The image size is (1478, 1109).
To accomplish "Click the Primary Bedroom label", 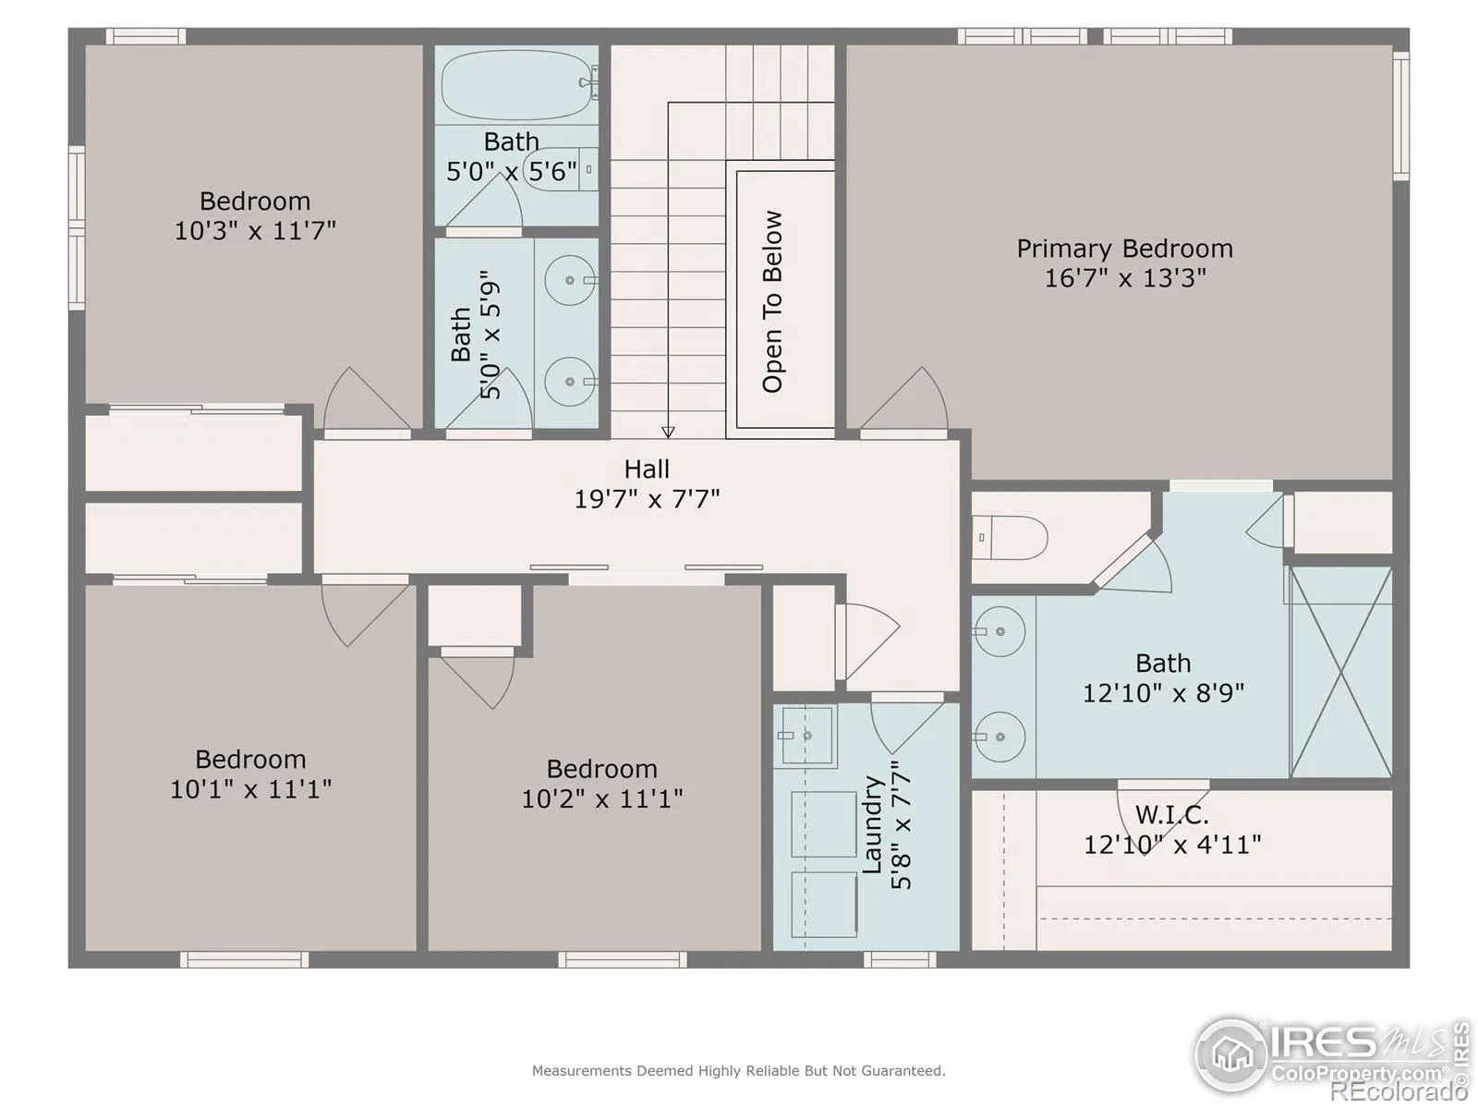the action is (x=1124, y=250).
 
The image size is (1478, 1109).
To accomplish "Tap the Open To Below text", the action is (x=772, y=301).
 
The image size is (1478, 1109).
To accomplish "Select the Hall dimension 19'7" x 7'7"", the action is (x=648, y=499).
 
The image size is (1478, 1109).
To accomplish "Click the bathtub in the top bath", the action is (x=517, y=85).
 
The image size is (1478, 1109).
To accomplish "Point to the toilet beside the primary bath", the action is (x=1009, y=537).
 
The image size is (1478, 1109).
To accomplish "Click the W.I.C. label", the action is (x=1171, y=815).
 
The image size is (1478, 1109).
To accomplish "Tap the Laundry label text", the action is (x=872, y=824).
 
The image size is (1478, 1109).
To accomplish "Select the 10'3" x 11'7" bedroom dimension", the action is (x=255, y=231).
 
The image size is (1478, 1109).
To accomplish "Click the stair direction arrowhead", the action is (x=668, y=433).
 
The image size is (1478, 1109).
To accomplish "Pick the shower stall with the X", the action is (x=1340, y=672).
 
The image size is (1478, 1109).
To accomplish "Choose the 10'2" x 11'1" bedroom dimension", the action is (x=602, y=798).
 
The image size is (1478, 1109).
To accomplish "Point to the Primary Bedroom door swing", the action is (x=903, y=398).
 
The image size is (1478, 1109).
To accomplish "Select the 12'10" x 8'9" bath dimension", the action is (x=1163, y=693).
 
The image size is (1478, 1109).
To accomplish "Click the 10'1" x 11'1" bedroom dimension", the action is (x=250, y=789).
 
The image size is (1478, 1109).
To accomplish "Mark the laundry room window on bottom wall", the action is (x=900, y=959).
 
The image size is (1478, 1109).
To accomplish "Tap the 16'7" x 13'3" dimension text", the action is (x=1124, y=278).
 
